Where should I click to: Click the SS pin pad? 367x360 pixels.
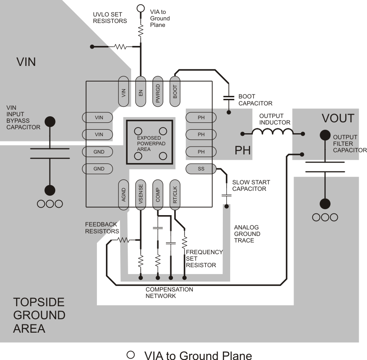[x=201, y=168]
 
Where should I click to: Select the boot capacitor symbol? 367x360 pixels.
[x=228, y=98]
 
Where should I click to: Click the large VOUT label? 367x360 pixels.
[x=338, y=118]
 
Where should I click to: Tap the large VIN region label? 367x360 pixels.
[x=26, y=62]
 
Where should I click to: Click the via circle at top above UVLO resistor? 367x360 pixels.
[x=140, y=8]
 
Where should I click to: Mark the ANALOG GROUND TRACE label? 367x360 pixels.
[x=247, y=234]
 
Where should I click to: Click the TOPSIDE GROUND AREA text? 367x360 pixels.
[x=39, y=315]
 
